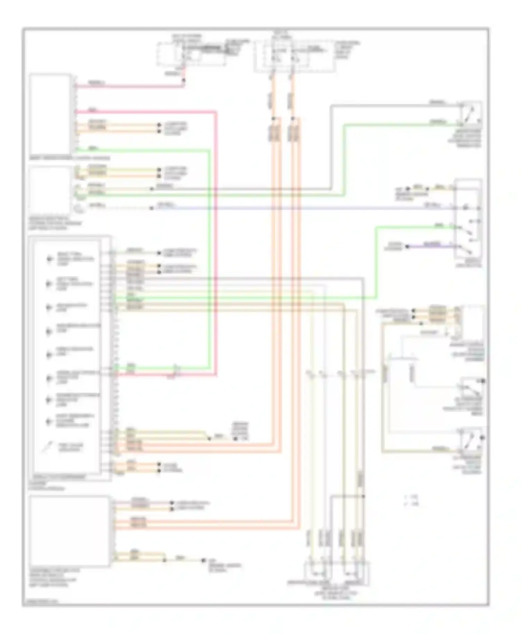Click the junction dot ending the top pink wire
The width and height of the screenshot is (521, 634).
pyautogui.click(x=184, y=80)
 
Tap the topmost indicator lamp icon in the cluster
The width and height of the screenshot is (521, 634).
pyautogui.click(x=49, y=259)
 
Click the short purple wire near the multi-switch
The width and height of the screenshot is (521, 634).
pyautogui.click(x=431, y=246)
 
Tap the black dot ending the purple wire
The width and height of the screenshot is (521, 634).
pyautogui.click(x=408, y=247)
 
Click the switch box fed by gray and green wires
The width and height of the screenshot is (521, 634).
pyautogui.click(x=470, y=113)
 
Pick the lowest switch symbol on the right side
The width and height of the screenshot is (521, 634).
pyautogui.click(x=471, y=439)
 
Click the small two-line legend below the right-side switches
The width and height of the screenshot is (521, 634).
pyautogui.click(x=411, y=500)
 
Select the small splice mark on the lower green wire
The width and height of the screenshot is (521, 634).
pyautogui.click(x=175, y=367)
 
